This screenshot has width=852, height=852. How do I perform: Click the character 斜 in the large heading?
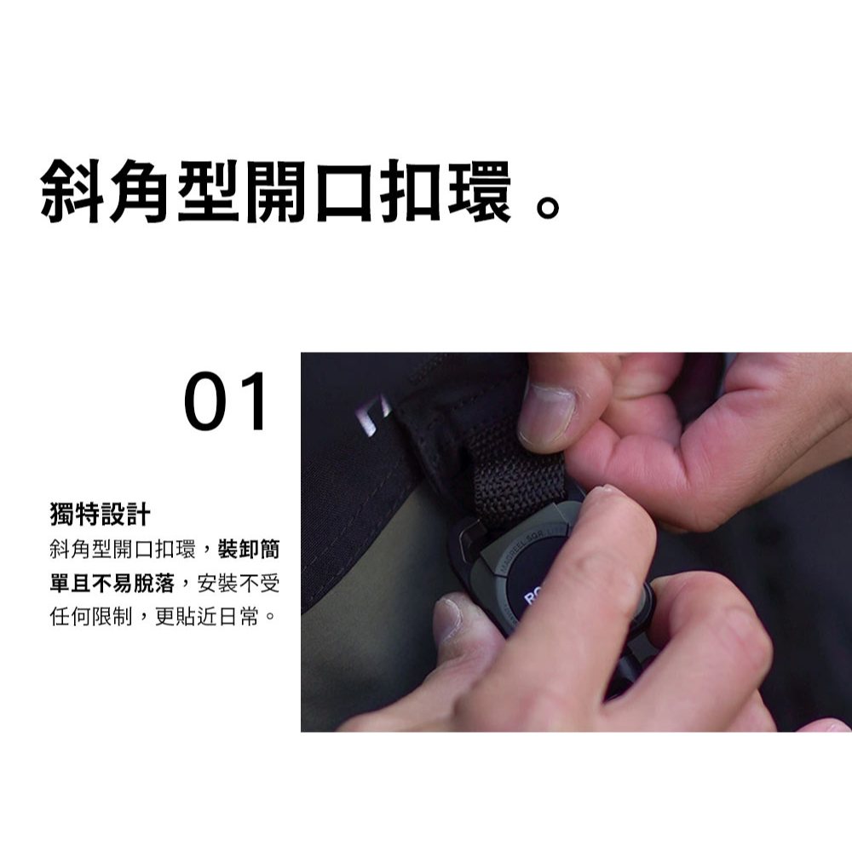point(72,191)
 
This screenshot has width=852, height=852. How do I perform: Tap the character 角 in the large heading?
point(140,191)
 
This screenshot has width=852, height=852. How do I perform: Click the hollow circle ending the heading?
point(547,206)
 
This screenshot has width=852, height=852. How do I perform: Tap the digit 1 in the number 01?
point(254,401)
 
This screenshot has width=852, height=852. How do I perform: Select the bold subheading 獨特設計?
point(100,514)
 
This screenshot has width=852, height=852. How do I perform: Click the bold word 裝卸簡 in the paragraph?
point(249,550)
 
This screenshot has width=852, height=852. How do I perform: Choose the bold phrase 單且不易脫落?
point(112,584)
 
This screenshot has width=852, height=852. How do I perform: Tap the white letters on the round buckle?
point(532,597)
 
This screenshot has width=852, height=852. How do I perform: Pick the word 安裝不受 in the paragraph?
point(239,584)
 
